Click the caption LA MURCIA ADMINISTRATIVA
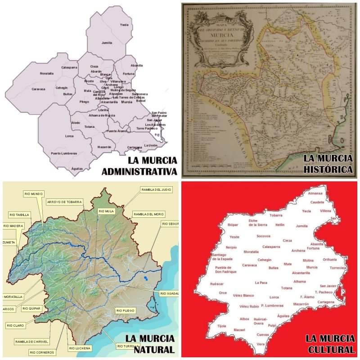(x=140, y=166)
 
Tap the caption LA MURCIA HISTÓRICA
(x=328, y=164)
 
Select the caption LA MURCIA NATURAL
(x=150, y=344)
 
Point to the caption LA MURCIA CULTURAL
(x=330, y=344)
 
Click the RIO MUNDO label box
(x=33, y=194)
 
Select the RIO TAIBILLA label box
(x=19, y=215)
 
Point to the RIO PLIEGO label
(x=126, y=310)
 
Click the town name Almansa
(x=315, y=193)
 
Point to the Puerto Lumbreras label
(x=64, y=153)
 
